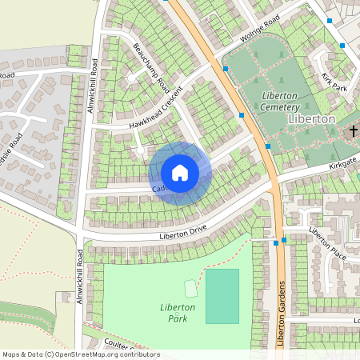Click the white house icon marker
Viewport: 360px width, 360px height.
(180, 173)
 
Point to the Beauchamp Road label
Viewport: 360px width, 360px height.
(151, 66)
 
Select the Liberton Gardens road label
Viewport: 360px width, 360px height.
(282, 313)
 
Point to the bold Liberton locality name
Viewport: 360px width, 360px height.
(310, 118)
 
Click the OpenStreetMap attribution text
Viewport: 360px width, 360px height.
(81, 354)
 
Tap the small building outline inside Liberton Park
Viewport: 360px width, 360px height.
(190, 287)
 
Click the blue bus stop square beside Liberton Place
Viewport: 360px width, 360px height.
(284, 239)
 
